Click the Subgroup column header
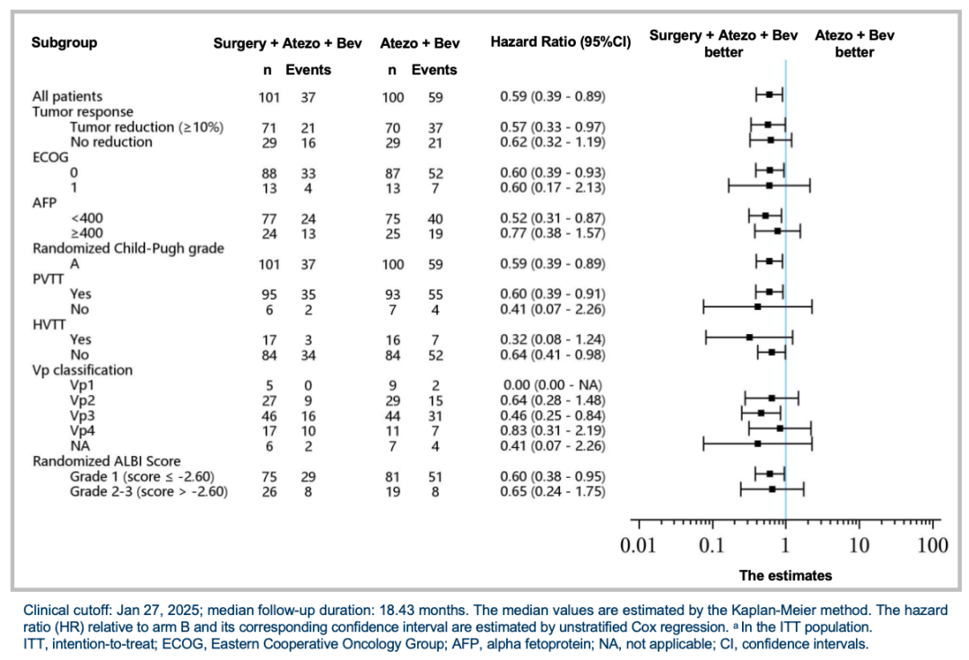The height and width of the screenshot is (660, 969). (x=65, y=42)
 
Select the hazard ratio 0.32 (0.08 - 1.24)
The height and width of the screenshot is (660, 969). (x=552, y=339)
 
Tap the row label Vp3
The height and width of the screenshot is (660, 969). (x=85, y=416)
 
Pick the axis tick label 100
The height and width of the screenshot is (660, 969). (x=933, y=545)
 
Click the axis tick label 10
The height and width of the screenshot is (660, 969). (x=860, y=545)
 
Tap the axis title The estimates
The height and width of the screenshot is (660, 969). (x=785, y=576)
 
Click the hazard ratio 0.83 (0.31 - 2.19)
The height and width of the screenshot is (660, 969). (x=552, y=431)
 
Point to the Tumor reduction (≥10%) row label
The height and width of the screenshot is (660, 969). (x=146, y=127)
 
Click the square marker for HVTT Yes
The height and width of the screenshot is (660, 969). (x=749, y=338)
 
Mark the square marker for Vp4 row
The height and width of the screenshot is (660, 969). (x=780, y=429)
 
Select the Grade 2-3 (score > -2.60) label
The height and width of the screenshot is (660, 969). (x=148, y=492)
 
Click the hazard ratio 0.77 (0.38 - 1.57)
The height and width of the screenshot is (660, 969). (x=552, y=233)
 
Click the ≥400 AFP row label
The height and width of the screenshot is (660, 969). (x=88, y=233)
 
